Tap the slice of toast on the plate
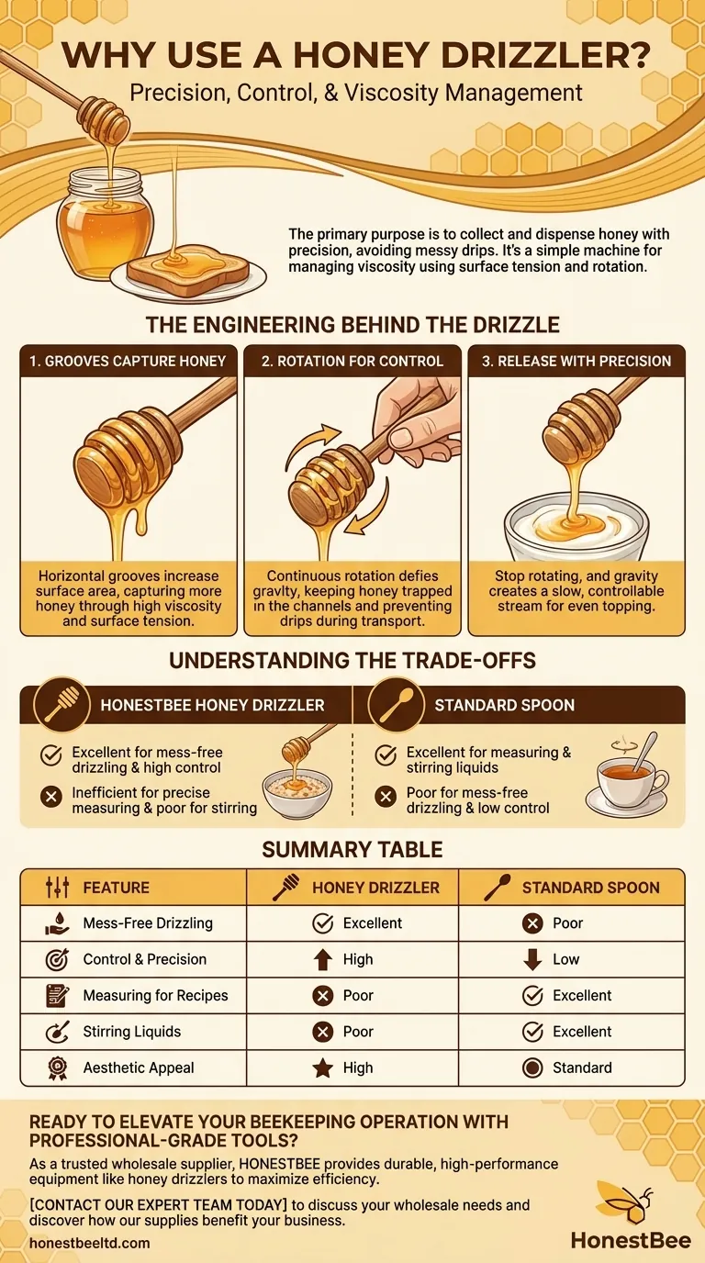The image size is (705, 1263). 188,269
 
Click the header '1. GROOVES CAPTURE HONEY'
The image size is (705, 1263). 128,361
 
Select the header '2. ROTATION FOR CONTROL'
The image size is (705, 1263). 352,361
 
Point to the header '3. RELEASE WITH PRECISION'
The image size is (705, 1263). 576,361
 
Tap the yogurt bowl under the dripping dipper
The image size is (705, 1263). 576,530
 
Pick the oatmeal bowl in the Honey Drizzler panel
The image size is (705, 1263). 297,792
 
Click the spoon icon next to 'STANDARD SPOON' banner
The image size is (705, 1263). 396,705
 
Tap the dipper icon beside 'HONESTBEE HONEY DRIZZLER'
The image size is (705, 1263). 62,705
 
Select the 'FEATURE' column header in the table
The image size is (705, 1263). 117,888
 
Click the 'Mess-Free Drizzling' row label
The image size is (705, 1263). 148,923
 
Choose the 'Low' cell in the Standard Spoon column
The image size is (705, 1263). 565,959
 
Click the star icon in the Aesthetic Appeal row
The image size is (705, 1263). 322,1067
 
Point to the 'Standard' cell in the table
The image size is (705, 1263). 582,1067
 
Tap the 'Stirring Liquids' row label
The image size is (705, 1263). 132,1032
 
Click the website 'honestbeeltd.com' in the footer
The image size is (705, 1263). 90,1243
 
